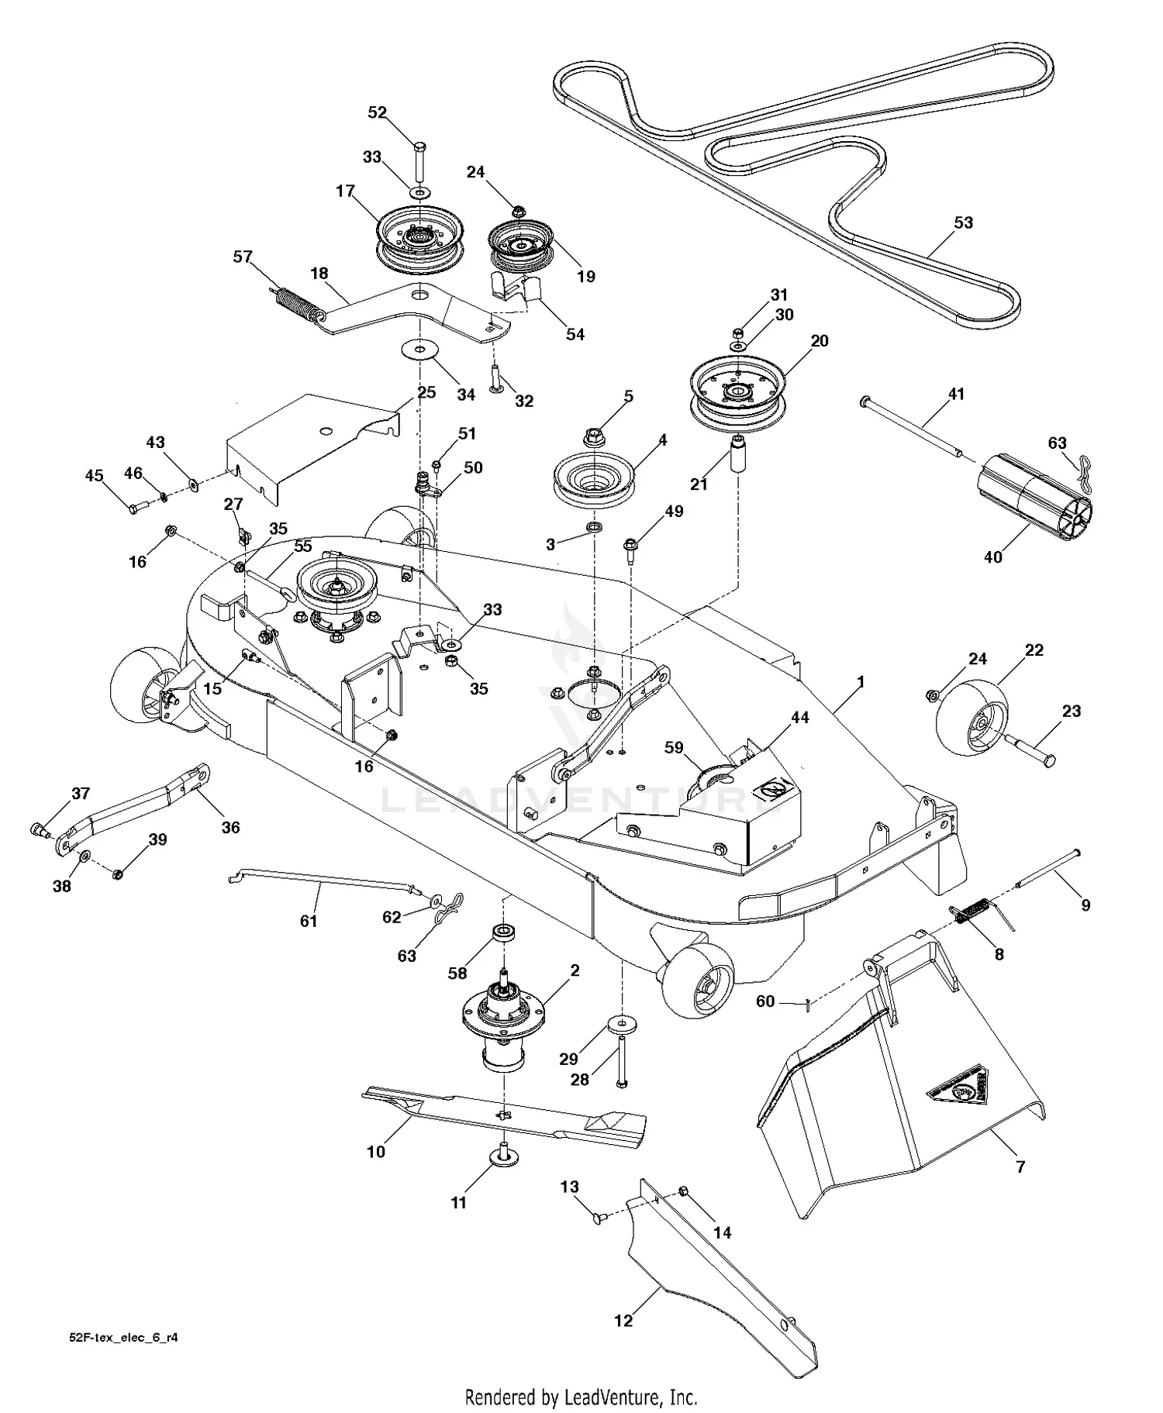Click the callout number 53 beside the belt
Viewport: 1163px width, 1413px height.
pos(963,222)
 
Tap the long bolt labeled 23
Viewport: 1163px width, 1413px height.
pos(1031,752)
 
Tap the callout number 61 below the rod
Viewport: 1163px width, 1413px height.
pos(309,921)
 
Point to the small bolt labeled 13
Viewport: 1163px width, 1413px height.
pos(597,1219)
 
